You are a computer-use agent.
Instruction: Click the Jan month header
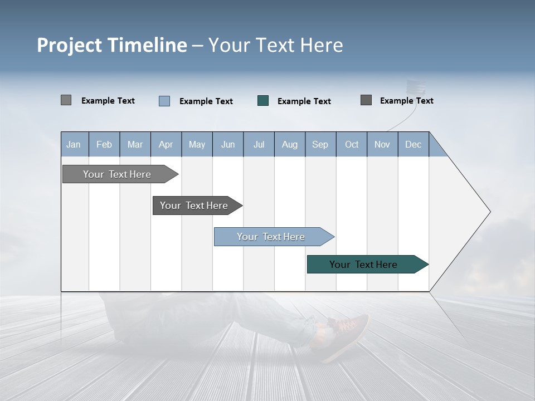pyautogui.click(x=74, y=145)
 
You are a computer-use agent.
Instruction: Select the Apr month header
pyautogui.click(x=166, y=145)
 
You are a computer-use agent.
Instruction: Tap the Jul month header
pyautogui.click(x=259, y=145)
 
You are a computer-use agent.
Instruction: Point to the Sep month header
pyautogui.click(x=320, y=145)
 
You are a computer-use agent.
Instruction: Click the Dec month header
pyautogui.click(x=413, y=145)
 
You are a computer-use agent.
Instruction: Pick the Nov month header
pyautogui.click(x=382, y=145)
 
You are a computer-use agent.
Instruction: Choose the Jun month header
pyautogui.click(x=227, y=145)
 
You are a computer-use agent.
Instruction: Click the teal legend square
pyautogui.click(x=263, y=101)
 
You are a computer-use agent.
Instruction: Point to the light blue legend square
pyautogui.click(x=164, y=101)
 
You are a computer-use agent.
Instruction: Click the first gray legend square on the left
pyautogui.click(x=66, y=100)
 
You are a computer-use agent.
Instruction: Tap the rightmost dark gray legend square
pyautogui.click(x=366, y=100)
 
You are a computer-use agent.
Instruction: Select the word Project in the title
pyautogui.click(x=70, y=45)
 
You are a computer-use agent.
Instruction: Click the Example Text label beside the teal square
pyautogui.click(x=304, y=101)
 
